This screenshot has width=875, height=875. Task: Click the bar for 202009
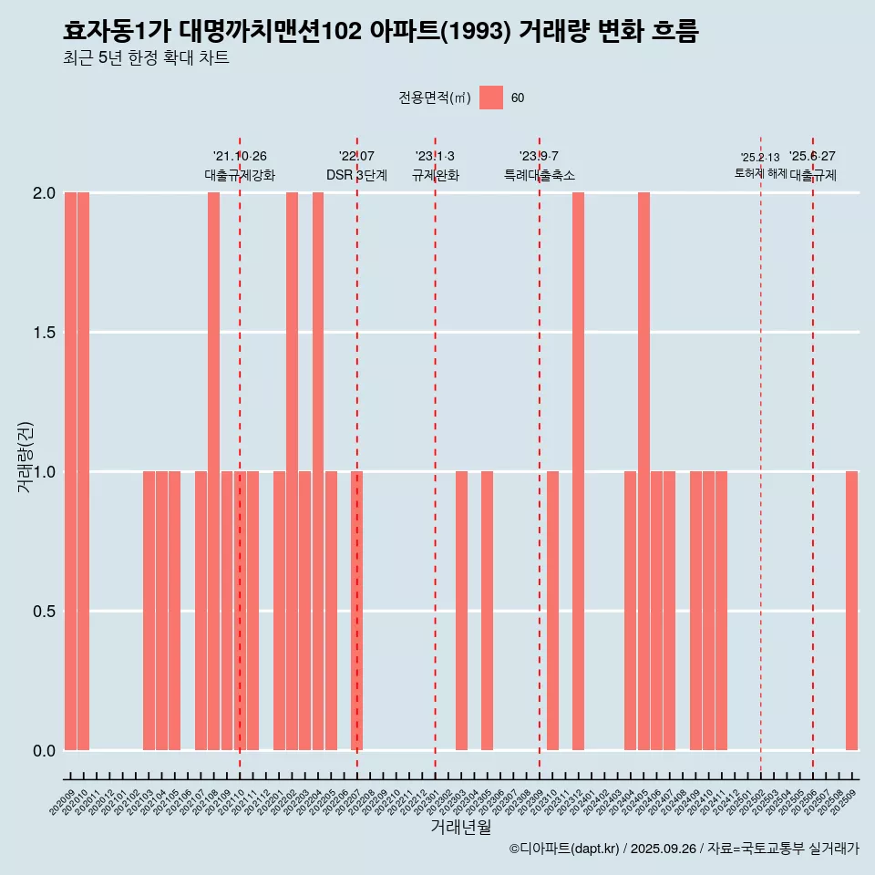[70, 471]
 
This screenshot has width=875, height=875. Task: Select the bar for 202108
[213, 471]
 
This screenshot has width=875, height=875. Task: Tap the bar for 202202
[292, 471]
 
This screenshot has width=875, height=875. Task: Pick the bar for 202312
[578, 471]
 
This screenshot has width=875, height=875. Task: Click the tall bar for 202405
[643, 471]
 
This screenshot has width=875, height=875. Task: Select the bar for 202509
[851, 611]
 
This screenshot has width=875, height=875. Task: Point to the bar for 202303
[461, 611]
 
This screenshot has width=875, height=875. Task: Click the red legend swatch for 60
[491, 98]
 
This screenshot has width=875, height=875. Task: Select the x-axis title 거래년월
[460, 828]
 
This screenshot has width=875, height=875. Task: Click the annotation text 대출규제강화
[239, 175]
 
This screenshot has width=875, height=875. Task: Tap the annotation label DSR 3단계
[356, 175]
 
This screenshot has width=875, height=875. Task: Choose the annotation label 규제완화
[435, 175]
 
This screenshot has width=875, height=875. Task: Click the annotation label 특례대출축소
[539, 175]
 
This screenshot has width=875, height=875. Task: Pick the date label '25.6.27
[812, 157]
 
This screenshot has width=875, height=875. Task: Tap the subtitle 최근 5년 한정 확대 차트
[146, 58]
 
